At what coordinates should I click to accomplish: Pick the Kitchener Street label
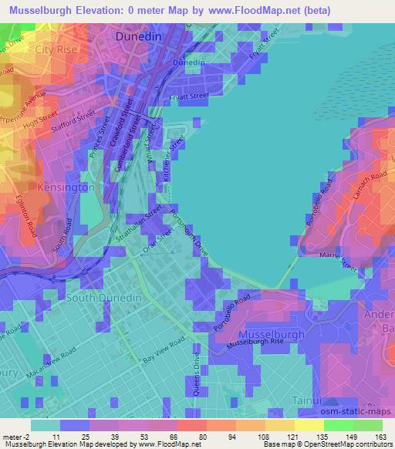click(175, 159)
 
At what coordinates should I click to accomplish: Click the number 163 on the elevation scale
click(380, 437)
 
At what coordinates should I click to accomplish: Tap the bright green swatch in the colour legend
click(339, 425)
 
